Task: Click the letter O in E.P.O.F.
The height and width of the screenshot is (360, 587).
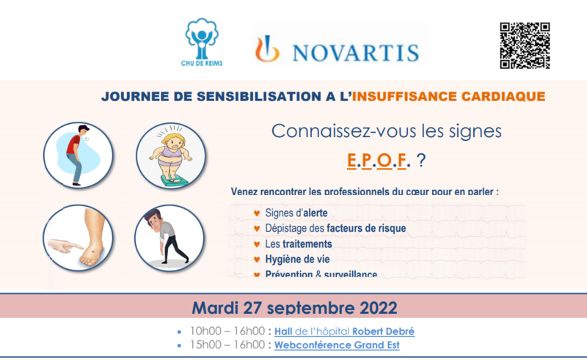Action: click(381, 160)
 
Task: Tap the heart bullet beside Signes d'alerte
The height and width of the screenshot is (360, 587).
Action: click(255, 213)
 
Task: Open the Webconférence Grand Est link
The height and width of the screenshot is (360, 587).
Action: click(337, 345)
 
